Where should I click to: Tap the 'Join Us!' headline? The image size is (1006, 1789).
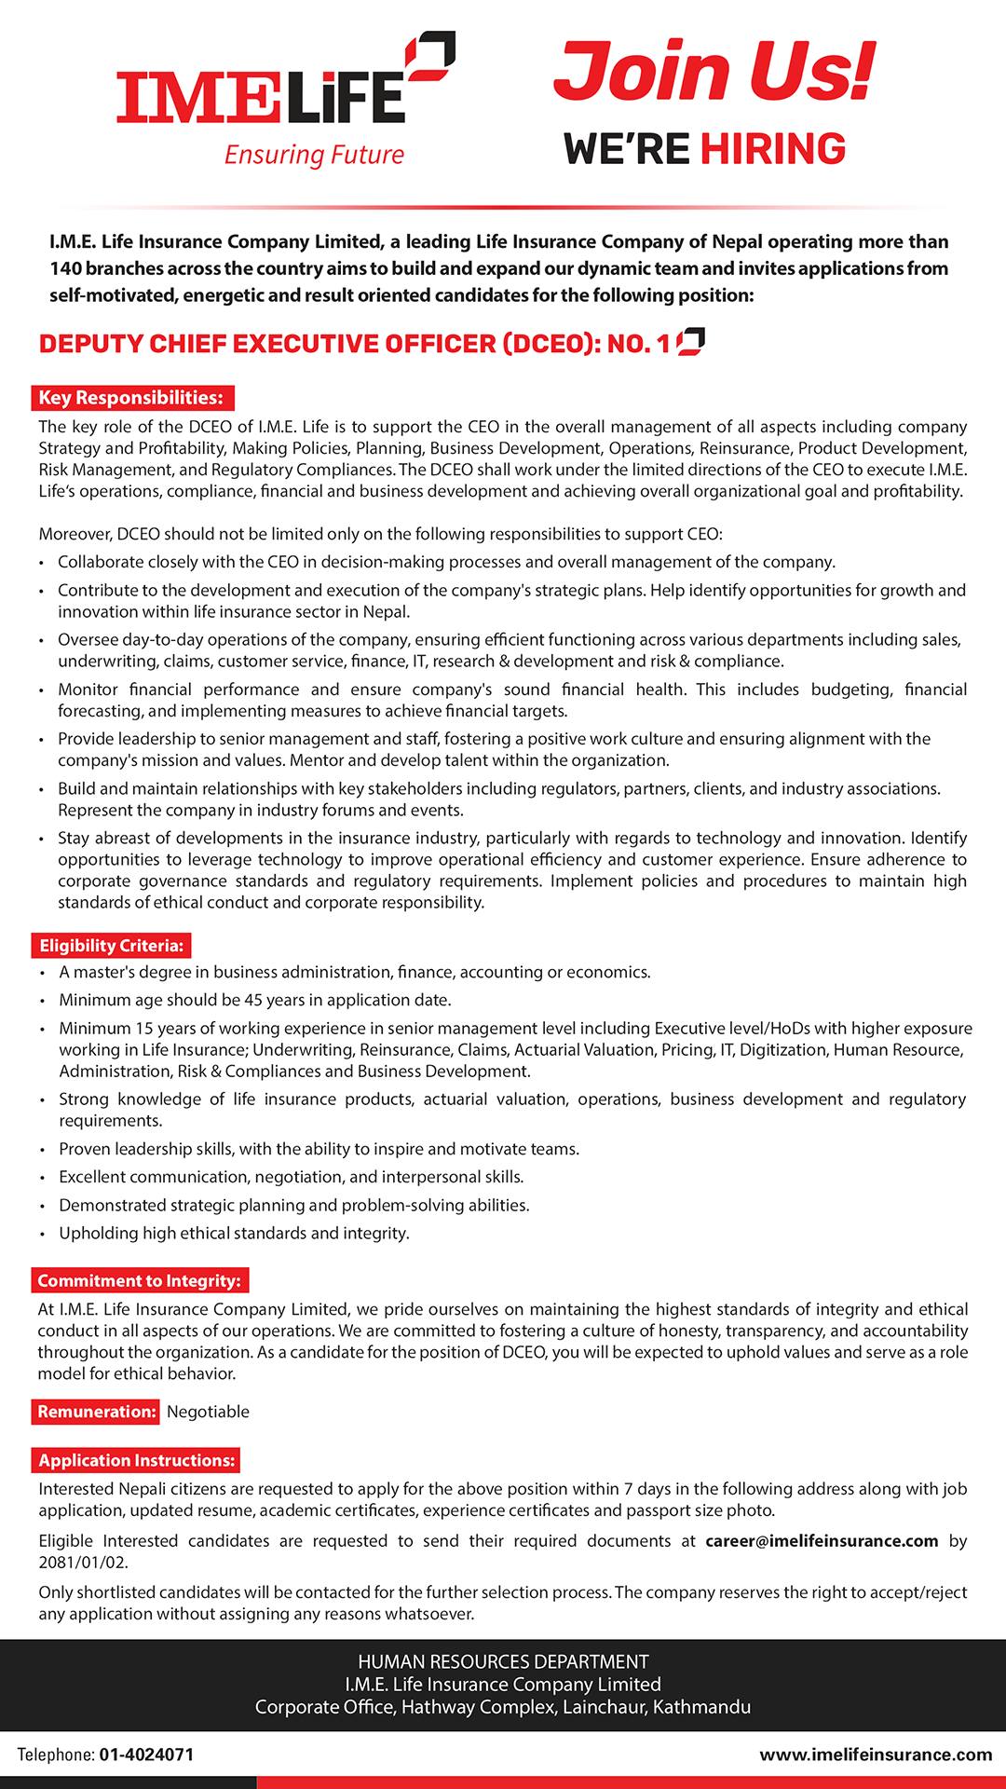pos(714,72)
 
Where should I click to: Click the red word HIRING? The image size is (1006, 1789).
pos(773,149)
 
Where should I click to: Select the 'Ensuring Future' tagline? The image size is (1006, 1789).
pos(314,155)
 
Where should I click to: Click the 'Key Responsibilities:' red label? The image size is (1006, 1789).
pos(131,398)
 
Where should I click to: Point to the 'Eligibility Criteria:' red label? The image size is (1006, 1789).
pos(112,946)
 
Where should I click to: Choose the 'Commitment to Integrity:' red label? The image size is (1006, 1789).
pos(140,1281)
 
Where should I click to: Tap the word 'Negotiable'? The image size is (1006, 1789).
pos(208,1412)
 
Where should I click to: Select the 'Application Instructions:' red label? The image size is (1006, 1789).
pos(137,1460)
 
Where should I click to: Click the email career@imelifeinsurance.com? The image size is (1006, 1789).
pos(822,1540)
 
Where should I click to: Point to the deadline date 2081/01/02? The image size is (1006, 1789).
pos(83,1562)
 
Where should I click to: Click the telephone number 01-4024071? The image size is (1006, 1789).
pos(144,1755)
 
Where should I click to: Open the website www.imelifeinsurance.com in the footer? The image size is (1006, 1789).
pos(876,1755)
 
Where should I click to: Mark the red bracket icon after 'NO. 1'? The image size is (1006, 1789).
pos(690,342)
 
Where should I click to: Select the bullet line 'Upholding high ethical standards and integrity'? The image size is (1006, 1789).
pos(234,1233)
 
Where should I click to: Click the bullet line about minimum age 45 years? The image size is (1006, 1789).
pos(254,1000)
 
